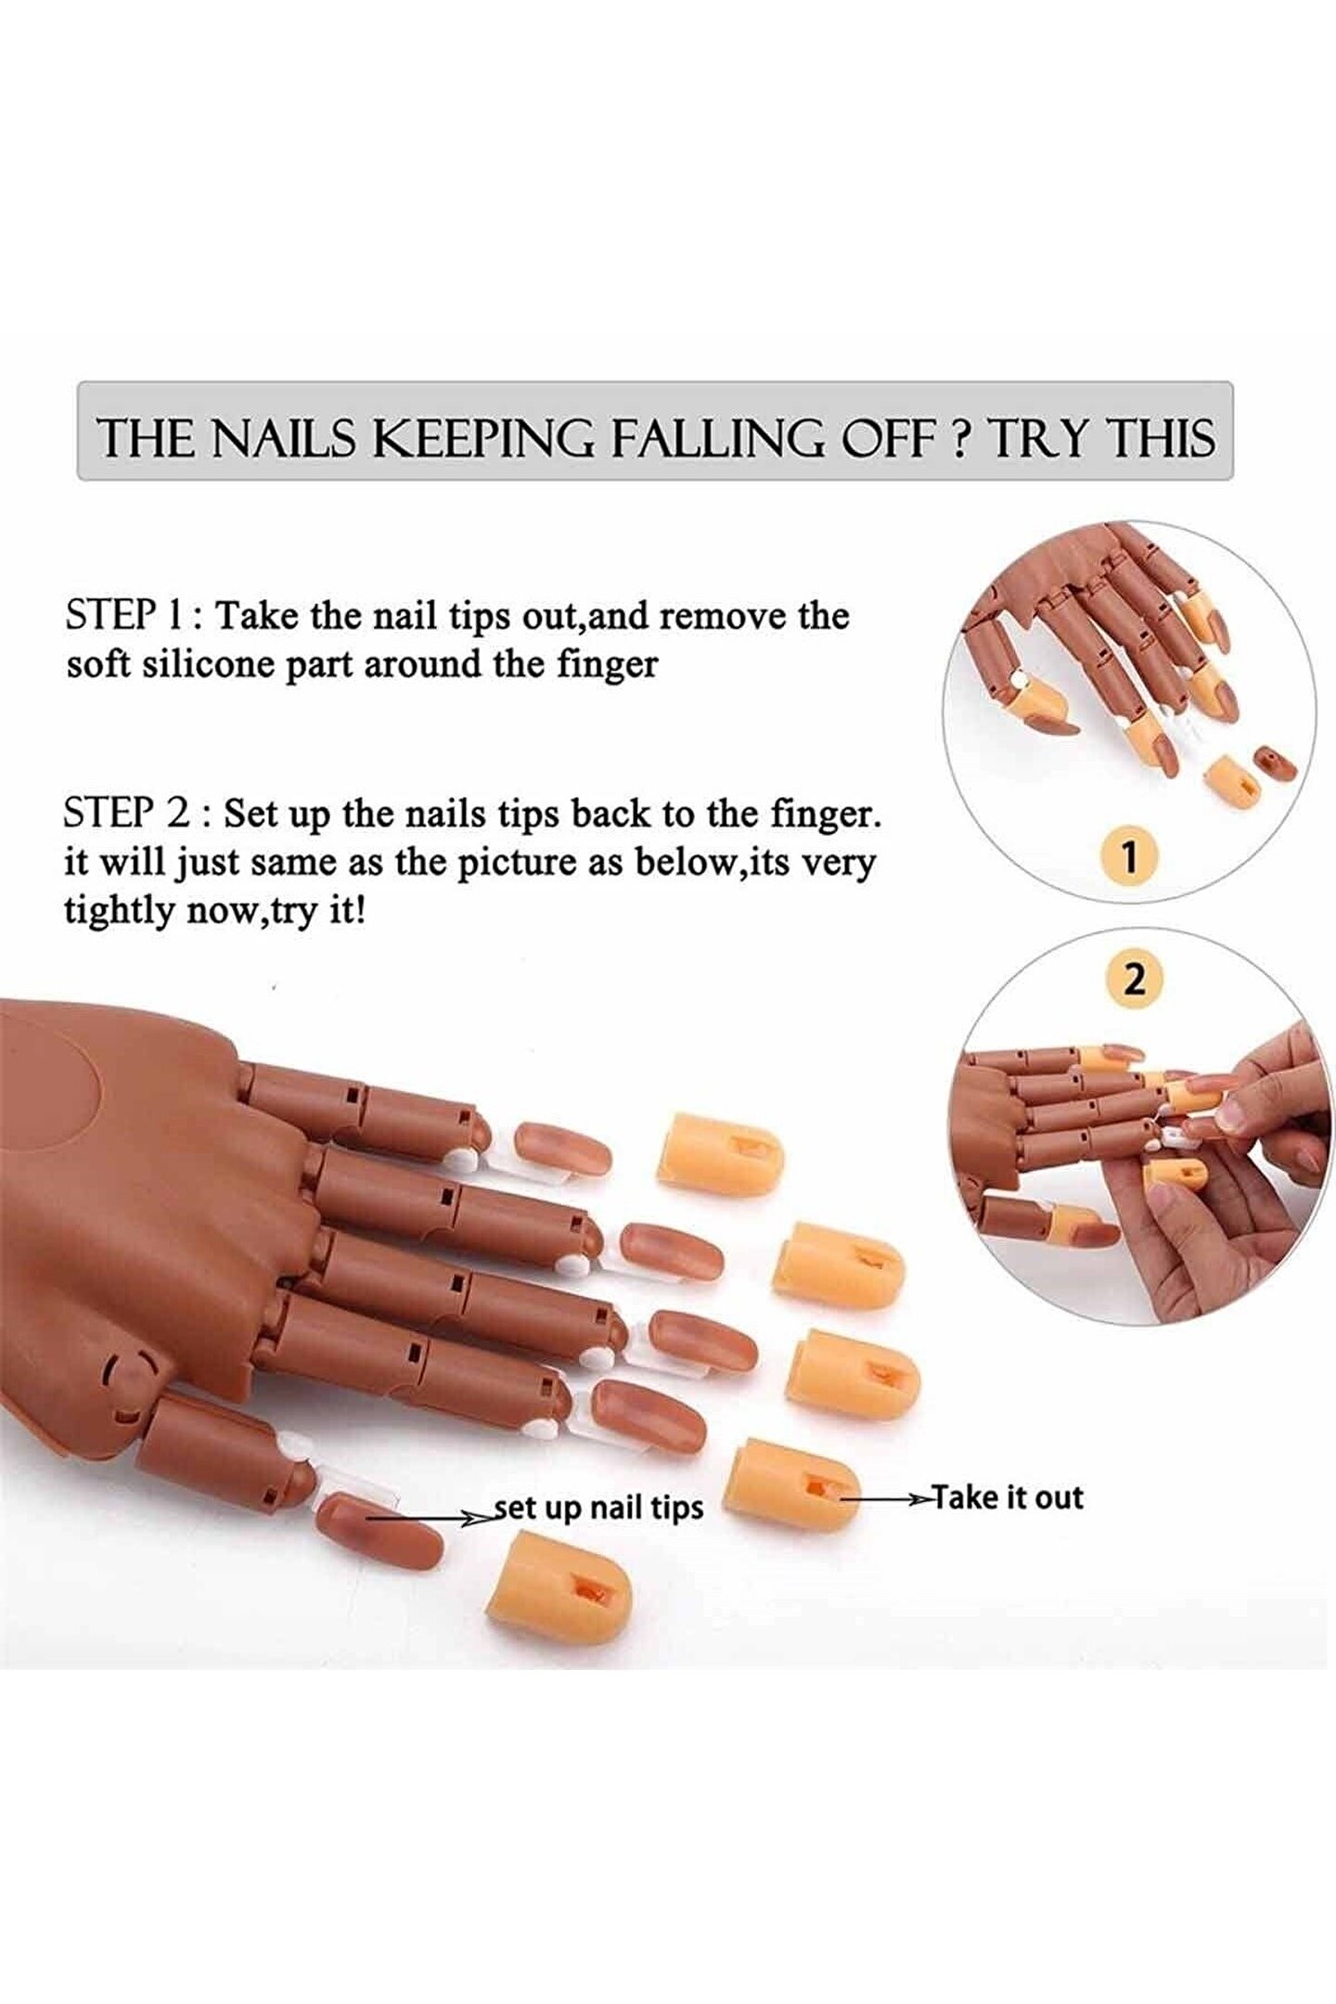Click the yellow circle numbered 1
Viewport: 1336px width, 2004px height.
tap(1129, 856)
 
